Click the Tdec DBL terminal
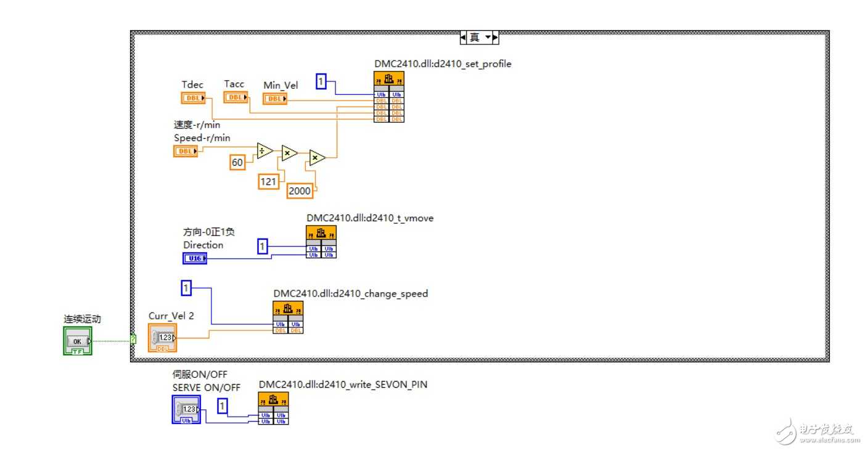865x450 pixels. tap(193, 98)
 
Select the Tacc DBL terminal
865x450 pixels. tap(236, 97)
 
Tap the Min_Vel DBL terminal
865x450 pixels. tap(274, 99)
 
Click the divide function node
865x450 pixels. tap(265, 150)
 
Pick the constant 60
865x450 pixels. tap(237, 162)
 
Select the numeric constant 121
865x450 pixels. tap(268, 181)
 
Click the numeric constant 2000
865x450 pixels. tap(300, 191)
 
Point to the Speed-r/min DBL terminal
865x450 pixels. tap(186, 151)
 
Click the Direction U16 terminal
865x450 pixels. tap(195, 258)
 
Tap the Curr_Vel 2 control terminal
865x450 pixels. tap(162, 338)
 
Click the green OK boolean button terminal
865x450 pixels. tap(77, 342)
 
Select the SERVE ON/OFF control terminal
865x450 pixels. tap(186, 409)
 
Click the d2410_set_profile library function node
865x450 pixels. tap(389, 97)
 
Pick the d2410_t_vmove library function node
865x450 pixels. tap(321, 242)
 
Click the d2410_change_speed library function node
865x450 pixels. tap(288, 317)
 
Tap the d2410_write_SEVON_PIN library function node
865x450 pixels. tap(273, 408)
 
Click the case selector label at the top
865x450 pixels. tap(478, 38)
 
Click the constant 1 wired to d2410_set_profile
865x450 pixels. tap(321, 81)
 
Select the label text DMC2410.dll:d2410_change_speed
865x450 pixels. tap(350, 294)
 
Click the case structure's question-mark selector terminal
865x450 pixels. tap(133, 338)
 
